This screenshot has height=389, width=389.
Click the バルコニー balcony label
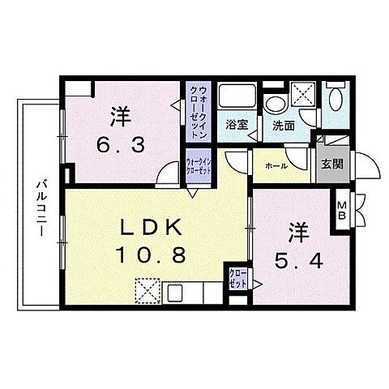(38, 208)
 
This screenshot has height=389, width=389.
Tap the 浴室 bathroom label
(237, 126)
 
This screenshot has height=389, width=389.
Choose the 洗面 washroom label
(284, 126)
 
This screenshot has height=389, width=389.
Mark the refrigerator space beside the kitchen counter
(147, 289)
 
